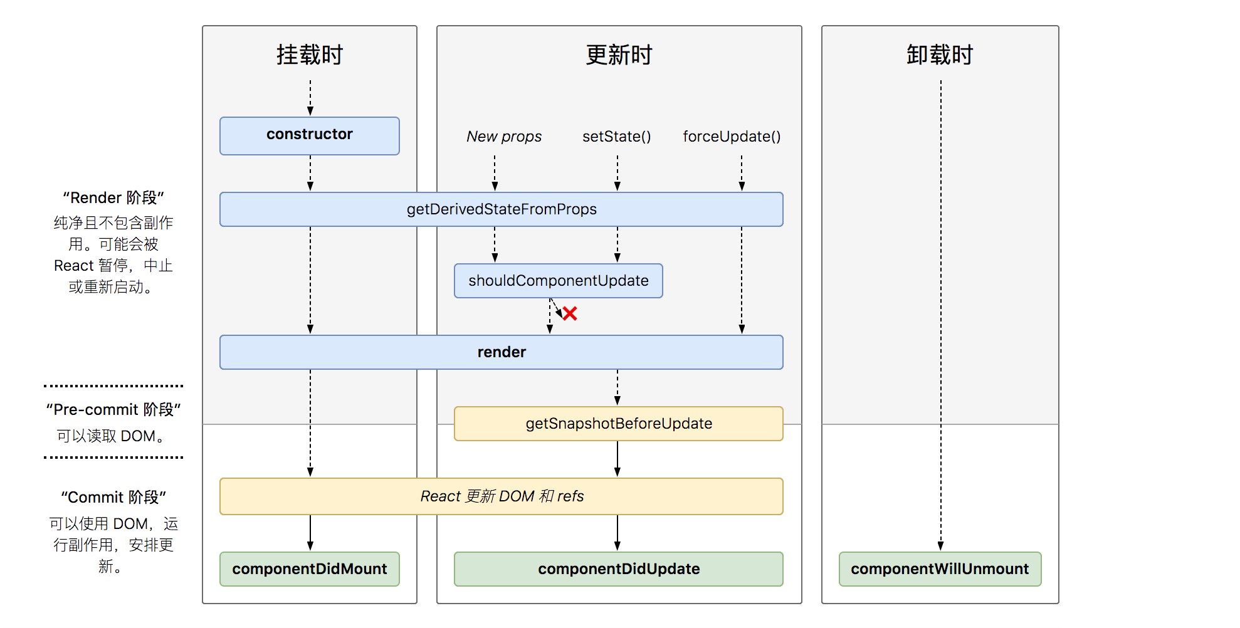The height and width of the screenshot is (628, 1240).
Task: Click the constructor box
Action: point(310,135)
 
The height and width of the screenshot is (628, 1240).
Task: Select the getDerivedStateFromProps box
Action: point(502,209)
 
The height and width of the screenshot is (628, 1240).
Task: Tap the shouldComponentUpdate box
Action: point(559,281)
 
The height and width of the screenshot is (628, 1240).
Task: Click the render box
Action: point(502,352)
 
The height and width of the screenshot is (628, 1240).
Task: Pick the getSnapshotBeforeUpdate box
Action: point(619,424)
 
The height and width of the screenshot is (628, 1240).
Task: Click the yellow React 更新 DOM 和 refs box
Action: point(502,496)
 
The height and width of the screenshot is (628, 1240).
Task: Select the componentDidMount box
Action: point(310,569)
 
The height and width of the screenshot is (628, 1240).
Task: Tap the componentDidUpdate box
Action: point(619,569)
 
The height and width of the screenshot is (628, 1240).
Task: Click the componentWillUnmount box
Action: point(940,569)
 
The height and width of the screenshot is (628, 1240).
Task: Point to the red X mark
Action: point(570,313)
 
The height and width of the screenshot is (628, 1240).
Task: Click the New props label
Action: point(504,137)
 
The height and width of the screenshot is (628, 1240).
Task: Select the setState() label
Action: point(617,137)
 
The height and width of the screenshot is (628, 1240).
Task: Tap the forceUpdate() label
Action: point(732,137)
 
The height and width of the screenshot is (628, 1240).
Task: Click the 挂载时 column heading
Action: point(310,55)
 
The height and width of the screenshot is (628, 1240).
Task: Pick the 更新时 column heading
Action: point(619,55)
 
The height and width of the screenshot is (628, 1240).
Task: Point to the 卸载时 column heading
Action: point(940,55)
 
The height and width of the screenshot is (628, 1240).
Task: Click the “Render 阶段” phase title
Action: point(113,198)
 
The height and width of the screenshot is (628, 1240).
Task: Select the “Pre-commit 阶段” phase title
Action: point(113,410)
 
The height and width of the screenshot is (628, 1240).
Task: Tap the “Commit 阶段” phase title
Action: point(113,498)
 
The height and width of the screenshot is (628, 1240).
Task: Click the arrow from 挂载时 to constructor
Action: point(310,98)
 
